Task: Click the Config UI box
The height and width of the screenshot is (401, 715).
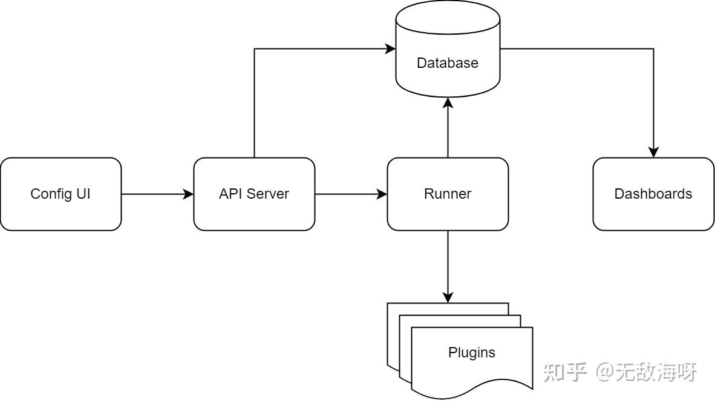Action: click(x=60, y=194)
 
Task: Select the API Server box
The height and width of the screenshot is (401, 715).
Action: click(x=254, y=194)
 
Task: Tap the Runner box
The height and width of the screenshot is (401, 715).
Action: click(x=448, y=194)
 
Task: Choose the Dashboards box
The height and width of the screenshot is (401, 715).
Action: click(x=653, y=194)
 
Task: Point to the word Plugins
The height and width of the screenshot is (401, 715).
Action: click(x=471, y=353)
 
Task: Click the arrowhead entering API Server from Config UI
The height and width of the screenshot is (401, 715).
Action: click(x=189, y=194)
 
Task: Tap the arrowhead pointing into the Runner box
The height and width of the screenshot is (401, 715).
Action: click(x=382, y=194)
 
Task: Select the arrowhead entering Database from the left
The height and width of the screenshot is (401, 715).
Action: click(x=391, y=48)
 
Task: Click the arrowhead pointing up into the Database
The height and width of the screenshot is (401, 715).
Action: click(x=448, y=102)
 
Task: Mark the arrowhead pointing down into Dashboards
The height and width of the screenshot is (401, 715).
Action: click(x=653, y=153)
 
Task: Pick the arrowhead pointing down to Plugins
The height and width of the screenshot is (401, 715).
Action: click(x=448, y=297)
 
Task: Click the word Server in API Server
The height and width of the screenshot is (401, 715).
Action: click(x=271, y=194)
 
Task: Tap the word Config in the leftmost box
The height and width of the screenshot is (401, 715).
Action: click(x=47, y=194)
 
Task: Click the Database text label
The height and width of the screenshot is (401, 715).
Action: click(x=448, y=63)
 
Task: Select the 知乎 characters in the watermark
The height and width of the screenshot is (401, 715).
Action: click(x=566, y=371)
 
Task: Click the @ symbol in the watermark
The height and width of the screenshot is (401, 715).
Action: click(x=604, y=372)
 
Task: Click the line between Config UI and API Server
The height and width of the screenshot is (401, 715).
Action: click(x=154, y=194)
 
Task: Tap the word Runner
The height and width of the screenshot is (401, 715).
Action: click(x=448, y=194)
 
